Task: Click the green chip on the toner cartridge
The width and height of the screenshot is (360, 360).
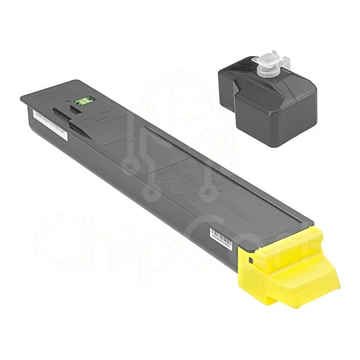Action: point(82,101)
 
